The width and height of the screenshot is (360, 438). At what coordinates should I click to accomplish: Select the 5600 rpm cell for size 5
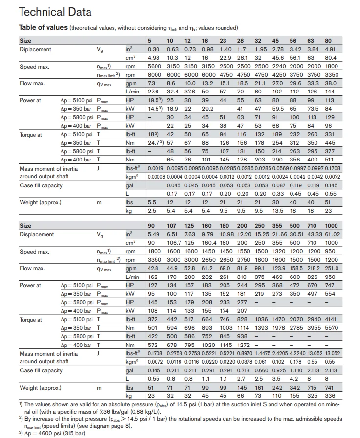(x=155, y=66)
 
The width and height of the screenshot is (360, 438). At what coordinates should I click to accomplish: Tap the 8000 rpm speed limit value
(x=155, y=75)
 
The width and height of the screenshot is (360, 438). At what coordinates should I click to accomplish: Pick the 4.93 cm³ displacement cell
(x=154, y=58)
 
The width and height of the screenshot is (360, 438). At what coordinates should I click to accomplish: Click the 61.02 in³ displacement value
(x=331, y=234)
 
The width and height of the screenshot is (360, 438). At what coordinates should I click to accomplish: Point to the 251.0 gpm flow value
(x=331, y=268)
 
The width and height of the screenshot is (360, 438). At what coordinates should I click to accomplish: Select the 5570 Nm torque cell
(x=331, y=328)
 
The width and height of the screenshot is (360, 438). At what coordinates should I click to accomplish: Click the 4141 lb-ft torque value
(x=331, y=320)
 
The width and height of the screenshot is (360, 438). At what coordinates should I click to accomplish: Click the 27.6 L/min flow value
(x=154, y=92)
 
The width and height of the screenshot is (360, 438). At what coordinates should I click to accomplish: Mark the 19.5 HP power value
(x=154, y=100)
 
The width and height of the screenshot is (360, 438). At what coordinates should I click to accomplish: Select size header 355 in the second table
(x=277, y=226)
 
